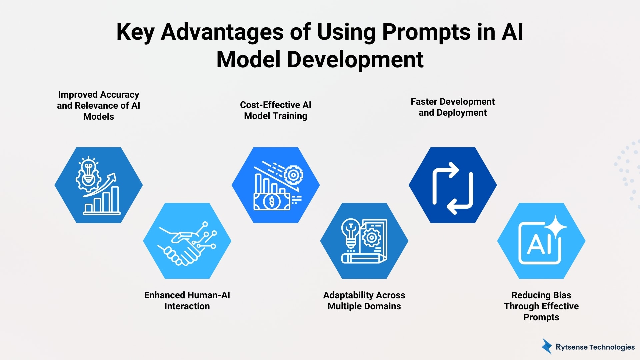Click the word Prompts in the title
[x=426, y=32]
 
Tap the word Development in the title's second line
[x=355, y=60]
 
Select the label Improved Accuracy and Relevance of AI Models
[x=98, y=105]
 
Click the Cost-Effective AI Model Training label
[x=275, y=110]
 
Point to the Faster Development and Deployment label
[x=452, y=107]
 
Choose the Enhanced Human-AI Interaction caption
[x=187, y=300]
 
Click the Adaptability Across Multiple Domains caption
[x=364, y=300]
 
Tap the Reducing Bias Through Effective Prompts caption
[x=541, y=306]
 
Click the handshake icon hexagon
[x=187, y=241]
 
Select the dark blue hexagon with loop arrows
[x=452, y=185]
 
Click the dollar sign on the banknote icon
[x=272, y=201]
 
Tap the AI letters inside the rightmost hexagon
[x=537, y=244]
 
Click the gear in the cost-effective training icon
[x=293, y=174]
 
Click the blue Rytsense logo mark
[x=547, y=347]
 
